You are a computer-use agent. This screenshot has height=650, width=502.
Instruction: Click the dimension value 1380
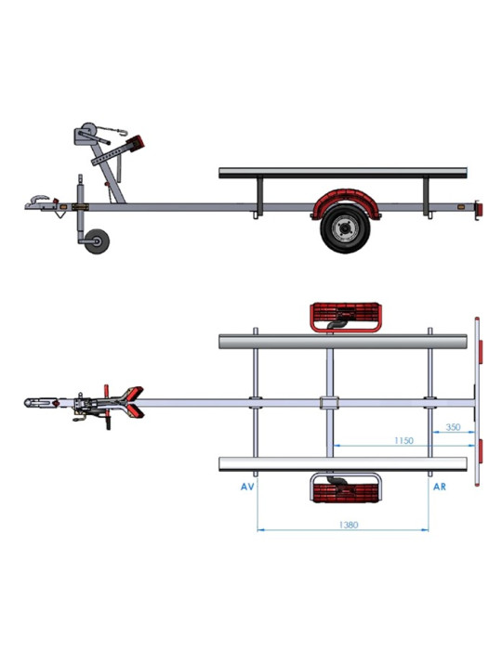[343, 525]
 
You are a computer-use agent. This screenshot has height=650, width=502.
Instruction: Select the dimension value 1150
[402, 440]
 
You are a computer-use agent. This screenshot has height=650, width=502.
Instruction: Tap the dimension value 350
[453, 428]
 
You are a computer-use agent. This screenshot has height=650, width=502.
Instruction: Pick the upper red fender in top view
[346, 317]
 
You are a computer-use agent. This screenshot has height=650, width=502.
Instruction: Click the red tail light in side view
[480, 210]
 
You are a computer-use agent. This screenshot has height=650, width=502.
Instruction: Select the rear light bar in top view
[476, 403]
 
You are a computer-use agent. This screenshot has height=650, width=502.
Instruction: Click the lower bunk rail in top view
[342, 463]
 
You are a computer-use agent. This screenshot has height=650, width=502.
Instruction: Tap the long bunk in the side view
[342, 173]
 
